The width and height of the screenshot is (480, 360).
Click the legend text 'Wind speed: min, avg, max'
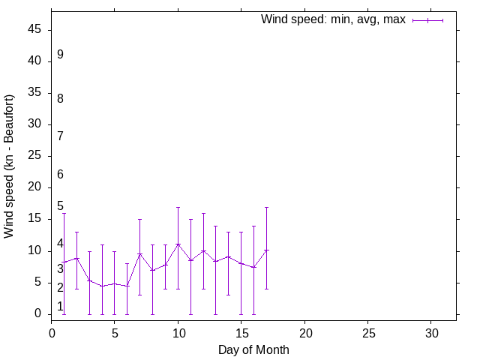coord(333,19)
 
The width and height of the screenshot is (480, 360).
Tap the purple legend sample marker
coord(428,20)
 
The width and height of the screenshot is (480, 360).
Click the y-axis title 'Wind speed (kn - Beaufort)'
coord(9,166)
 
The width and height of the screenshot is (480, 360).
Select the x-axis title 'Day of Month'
coord(253,349)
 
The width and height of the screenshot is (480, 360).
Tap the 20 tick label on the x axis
coord(304,332)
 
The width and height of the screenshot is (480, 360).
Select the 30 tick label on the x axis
coord(431,332)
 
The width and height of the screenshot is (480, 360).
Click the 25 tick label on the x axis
coord(368,332)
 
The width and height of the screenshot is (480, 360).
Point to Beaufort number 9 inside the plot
coord(60,55)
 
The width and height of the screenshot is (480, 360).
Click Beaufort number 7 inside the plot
coord(60,136)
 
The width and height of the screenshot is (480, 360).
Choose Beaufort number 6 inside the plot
coord(60,175)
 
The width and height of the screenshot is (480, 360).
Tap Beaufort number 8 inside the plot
coord(60,98)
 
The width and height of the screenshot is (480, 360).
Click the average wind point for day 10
coord(178,244)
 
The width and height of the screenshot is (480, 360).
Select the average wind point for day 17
coord(266,250)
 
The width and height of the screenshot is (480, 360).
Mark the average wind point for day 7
coord(139,253)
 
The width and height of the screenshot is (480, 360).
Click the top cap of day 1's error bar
coord(64,214)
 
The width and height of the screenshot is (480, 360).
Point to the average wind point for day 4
coord(102,286)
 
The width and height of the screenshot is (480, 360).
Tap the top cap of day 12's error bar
coord(203,214)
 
